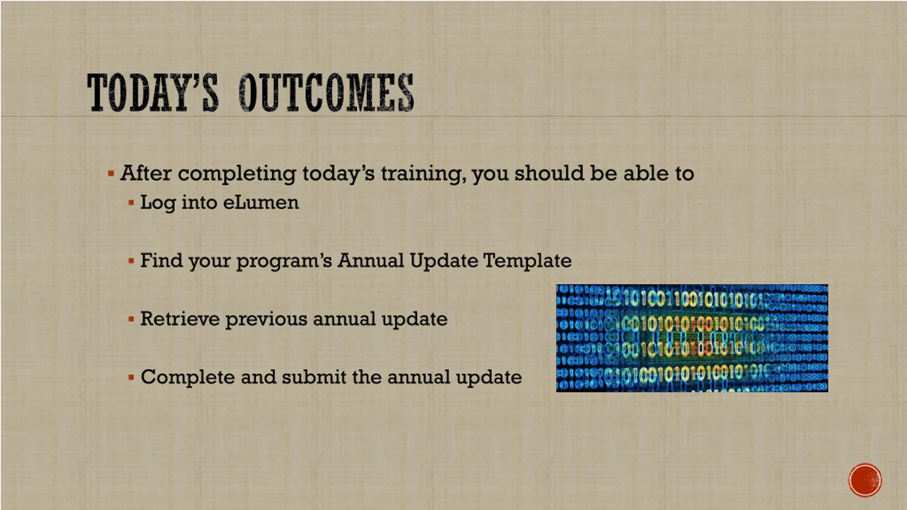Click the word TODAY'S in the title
(152, 92)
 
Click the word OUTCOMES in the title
(326, 92)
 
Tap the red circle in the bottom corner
(865, 480)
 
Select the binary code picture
(692, 338)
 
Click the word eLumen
(261, 203)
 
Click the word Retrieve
(180, 318)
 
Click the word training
(423, 174)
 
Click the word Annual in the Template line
(370, 260)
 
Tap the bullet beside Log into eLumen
(131, 203)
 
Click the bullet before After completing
(111, 174)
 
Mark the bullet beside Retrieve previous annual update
(131, 319)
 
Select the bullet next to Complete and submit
(131, 377)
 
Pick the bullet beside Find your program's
(131, 261)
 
